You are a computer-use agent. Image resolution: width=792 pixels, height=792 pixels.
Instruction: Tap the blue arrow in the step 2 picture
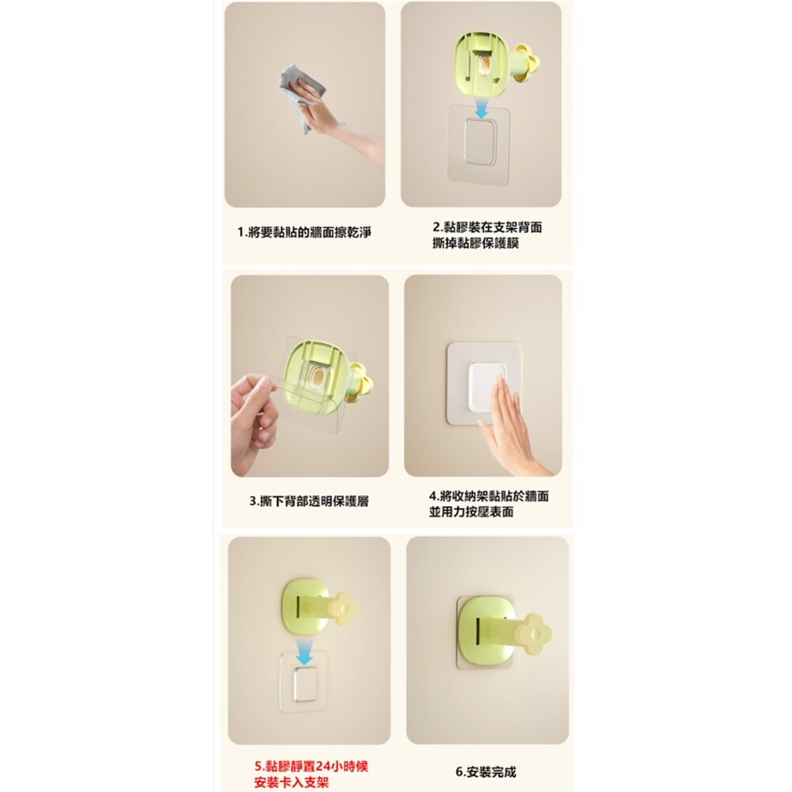(482, 109)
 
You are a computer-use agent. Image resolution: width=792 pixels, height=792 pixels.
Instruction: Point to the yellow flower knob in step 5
(345, 607)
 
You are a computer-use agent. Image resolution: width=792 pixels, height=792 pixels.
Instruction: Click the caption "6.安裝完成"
(485, 771)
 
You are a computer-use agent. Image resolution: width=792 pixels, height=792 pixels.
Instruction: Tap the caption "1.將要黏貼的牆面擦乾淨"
(304, 232)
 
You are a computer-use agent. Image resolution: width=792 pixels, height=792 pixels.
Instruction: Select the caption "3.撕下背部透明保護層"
(309, 501)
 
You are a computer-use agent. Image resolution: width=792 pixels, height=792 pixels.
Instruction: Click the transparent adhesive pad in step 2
(479, 145)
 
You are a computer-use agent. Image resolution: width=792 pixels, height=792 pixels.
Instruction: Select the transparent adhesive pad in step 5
(304, 681)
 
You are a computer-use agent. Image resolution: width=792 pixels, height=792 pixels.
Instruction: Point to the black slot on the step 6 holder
(478, 634)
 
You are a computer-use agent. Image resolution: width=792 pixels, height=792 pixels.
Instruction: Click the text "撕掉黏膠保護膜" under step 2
(475, 243)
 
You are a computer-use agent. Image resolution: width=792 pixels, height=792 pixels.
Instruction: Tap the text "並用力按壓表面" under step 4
(471, 512)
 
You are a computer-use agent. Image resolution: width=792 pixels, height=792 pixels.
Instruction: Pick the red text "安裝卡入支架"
(291, 783)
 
